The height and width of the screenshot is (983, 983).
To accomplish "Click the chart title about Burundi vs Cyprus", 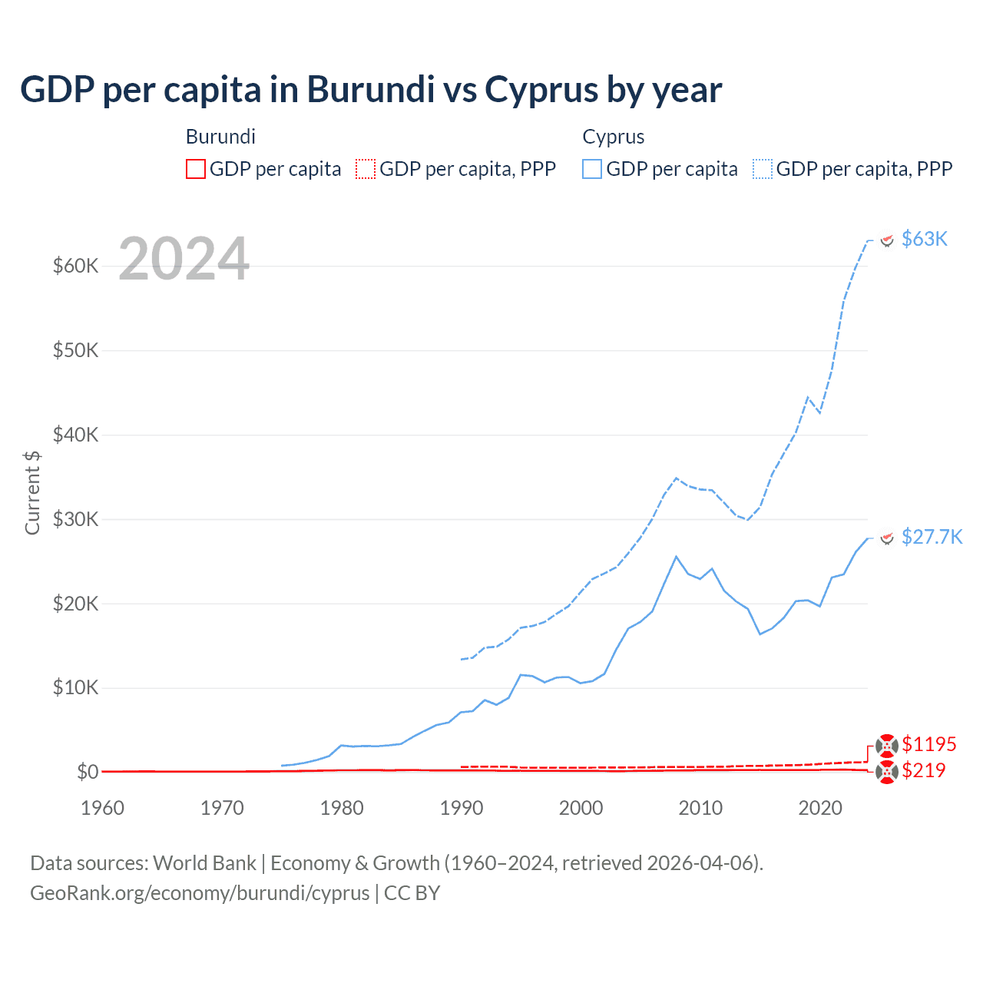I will pos(371,89).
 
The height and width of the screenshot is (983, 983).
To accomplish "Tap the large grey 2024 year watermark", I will pos(184,259).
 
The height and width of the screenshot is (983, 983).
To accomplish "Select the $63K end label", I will pos(925,239).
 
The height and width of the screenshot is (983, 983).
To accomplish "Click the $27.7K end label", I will pos(932,536).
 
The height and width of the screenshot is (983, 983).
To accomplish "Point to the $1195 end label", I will pos(929,744).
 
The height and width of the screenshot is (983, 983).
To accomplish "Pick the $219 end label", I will pos(924,770).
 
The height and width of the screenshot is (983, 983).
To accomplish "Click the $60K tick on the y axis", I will pos(75,266).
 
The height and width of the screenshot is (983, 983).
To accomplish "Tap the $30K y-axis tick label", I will pos(75,519).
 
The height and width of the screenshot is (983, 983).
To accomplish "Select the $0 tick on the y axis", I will pos(88,772).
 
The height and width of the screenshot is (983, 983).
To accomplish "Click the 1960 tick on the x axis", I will pos(102,808).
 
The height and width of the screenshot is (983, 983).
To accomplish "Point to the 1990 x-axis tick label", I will pos(462,808).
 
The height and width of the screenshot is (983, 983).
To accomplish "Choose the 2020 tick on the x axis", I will pos(820,808).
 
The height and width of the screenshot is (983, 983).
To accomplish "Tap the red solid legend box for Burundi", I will pos(196,169).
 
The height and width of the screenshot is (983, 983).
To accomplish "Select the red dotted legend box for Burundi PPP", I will pos(366,169).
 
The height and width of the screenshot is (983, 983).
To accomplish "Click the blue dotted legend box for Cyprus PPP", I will pos(763,169).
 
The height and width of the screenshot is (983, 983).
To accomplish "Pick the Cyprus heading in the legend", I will pos(613,137).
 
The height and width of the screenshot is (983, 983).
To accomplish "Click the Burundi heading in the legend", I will pos(220,137).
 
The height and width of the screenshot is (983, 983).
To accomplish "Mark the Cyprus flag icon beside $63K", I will pos(887,240).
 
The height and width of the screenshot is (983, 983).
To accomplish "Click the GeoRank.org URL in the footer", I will pos(200,893).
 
